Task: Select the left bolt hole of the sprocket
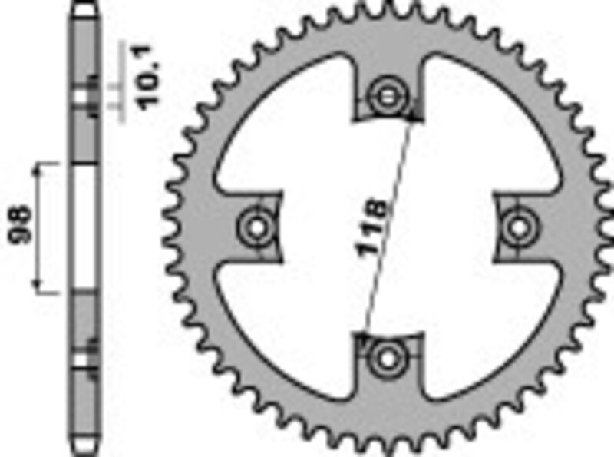point(256,227)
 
